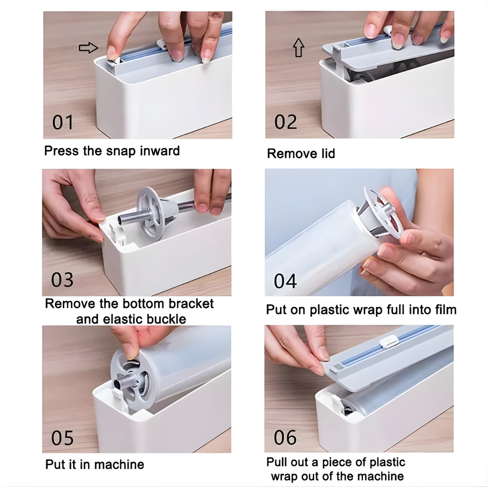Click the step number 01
pos(62,122)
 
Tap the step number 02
pos(286,122)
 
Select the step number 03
pos(62,280)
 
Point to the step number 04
pos(285,281)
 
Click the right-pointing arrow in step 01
pos(88,48)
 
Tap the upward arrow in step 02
pos(298,47)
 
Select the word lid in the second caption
pos(328,153)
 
